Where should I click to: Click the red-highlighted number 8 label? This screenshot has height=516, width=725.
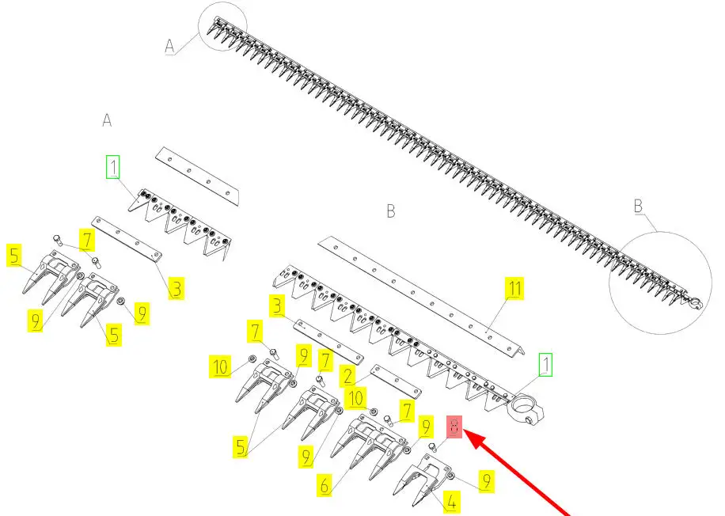[x=454, y=427]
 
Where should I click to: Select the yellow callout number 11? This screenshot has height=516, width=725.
[x=514, y=289]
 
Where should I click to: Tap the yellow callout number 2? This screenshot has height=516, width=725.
[x=347, y=376]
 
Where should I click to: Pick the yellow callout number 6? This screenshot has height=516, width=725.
[x=325, y=485]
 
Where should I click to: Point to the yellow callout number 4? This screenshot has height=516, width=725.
[x=451, y=502]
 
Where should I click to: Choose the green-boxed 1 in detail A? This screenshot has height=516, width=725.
[x=113, y=166]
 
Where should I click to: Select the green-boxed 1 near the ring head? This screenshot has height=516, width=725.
[x=545, y=364]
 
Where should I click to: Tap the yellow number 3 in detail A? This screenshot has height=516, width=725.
[x=177, y=289]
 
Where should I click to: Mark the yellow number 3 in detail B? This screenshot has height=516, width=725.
[x=277, y=306]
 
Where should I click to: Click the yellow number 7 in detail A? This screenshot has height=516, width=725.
[x=87, y=241]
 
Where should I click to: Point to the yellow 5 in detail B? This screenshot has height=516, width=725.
[x=241, y=447]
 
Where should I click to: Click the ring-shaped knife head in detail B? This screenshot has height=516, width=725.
[x=526, y=408]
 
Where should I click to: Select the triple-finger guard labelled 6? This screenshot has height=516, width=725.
[x=370, y=446]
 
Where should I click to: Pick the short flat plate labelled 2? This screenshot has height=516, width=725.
[x=396, y=381]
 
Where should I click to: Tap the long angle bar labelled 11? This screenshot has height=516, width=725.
[x=421, y=296]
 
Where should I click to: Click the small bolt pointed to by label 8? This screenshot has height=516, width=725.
[x=432, y=447]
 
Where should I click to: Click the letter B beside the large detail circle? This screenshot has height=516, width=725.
[x=638, y=206]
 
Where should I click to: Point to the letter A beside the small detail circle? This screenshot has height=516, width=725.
[x=169, y=46]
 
